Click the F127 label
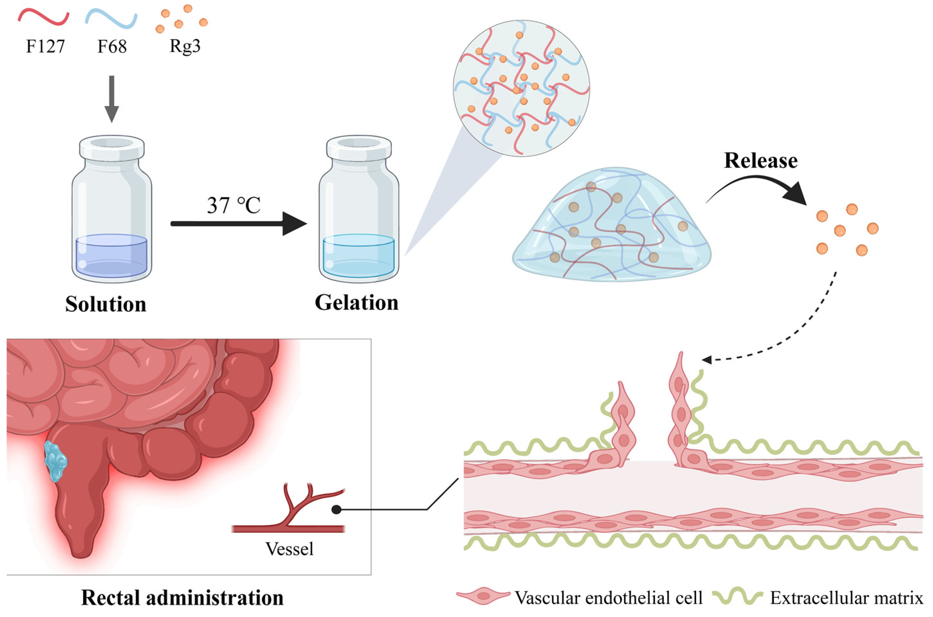click(x=45, y=46)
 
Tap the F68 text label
click(x=112, y=46)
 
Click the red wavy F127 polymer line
click(x=44, y=18)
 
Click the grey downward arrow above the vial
click(x=112, y=98)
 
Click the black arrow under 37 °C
click(x=238, y=224)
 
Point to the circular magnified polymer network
click(x=521, y=89)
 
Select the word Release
click(x=761, y=161)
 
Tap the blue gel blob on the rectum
click(x=55, y=461)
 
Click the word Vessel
click(x=289, y=549)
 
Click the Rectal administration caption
click(x=182, y=598)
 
